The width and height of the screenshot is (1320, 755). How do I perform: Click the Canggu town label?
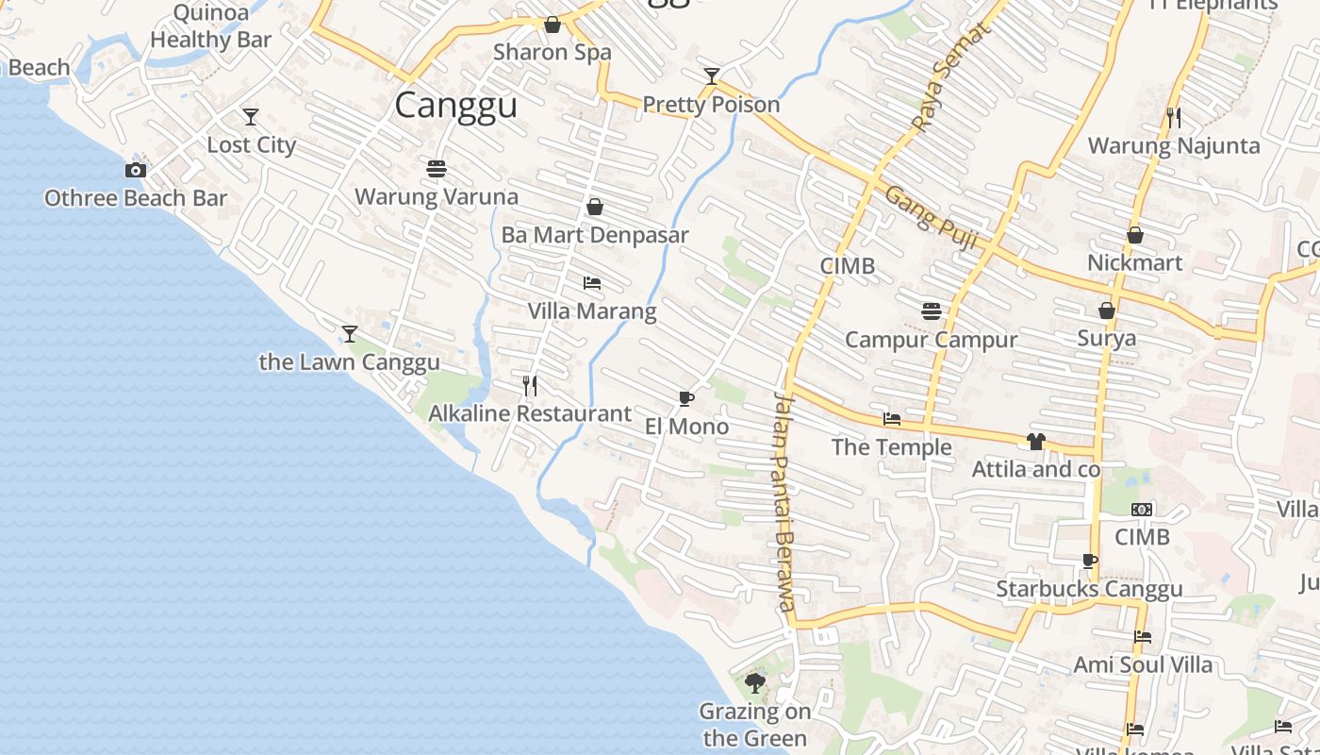coord(455,105)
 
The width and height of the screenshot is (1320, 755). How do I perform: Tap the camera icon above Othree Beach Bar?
coord(136,171)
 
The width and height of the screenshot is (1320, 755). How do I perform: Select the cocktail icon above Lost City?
coord(251,117)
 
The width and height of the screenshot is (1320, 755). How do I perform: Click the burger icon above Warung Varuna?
coord(436,169)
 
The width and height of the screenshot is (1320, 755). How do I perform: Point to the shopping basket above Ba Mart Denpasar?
coord(595,207)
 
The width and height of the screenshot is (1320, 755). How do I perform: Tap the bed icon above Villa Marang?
coord(592,283)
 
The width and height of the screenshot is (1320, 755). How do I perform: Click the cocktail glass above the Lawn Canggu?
coord(350,333)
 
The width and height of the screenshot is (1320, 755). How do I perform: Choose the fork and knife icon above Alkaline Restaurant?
coord(530,385)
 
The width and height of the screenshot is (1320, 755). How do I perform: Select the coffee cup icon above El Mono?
coord(686,398)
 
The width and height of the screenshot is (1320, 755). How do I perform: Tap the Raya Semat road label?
coord(952,76)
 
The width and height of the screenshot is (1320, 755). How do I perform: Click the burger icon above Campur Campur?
coord(932,311)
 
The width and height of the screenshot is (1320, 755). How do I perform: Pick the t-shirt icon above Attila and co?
coord(1036,441)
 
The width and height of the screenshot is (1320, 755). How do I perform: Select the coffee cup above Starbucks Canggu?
coord(1090,562)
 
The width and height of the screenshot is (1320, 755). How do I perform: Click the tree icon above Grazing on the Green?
coord(754,682)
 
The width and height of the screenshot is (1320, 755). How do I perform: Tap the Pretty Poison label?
coord(711,104)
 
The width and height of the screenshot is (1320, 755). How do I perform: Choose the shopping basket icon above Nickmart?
coord(1135,235)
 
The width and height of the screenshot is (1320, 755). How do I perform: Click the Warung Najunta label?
coord(1174,145)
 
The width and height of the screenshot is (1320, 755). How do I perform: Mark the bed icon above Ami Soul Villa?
coord(1143,637)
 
